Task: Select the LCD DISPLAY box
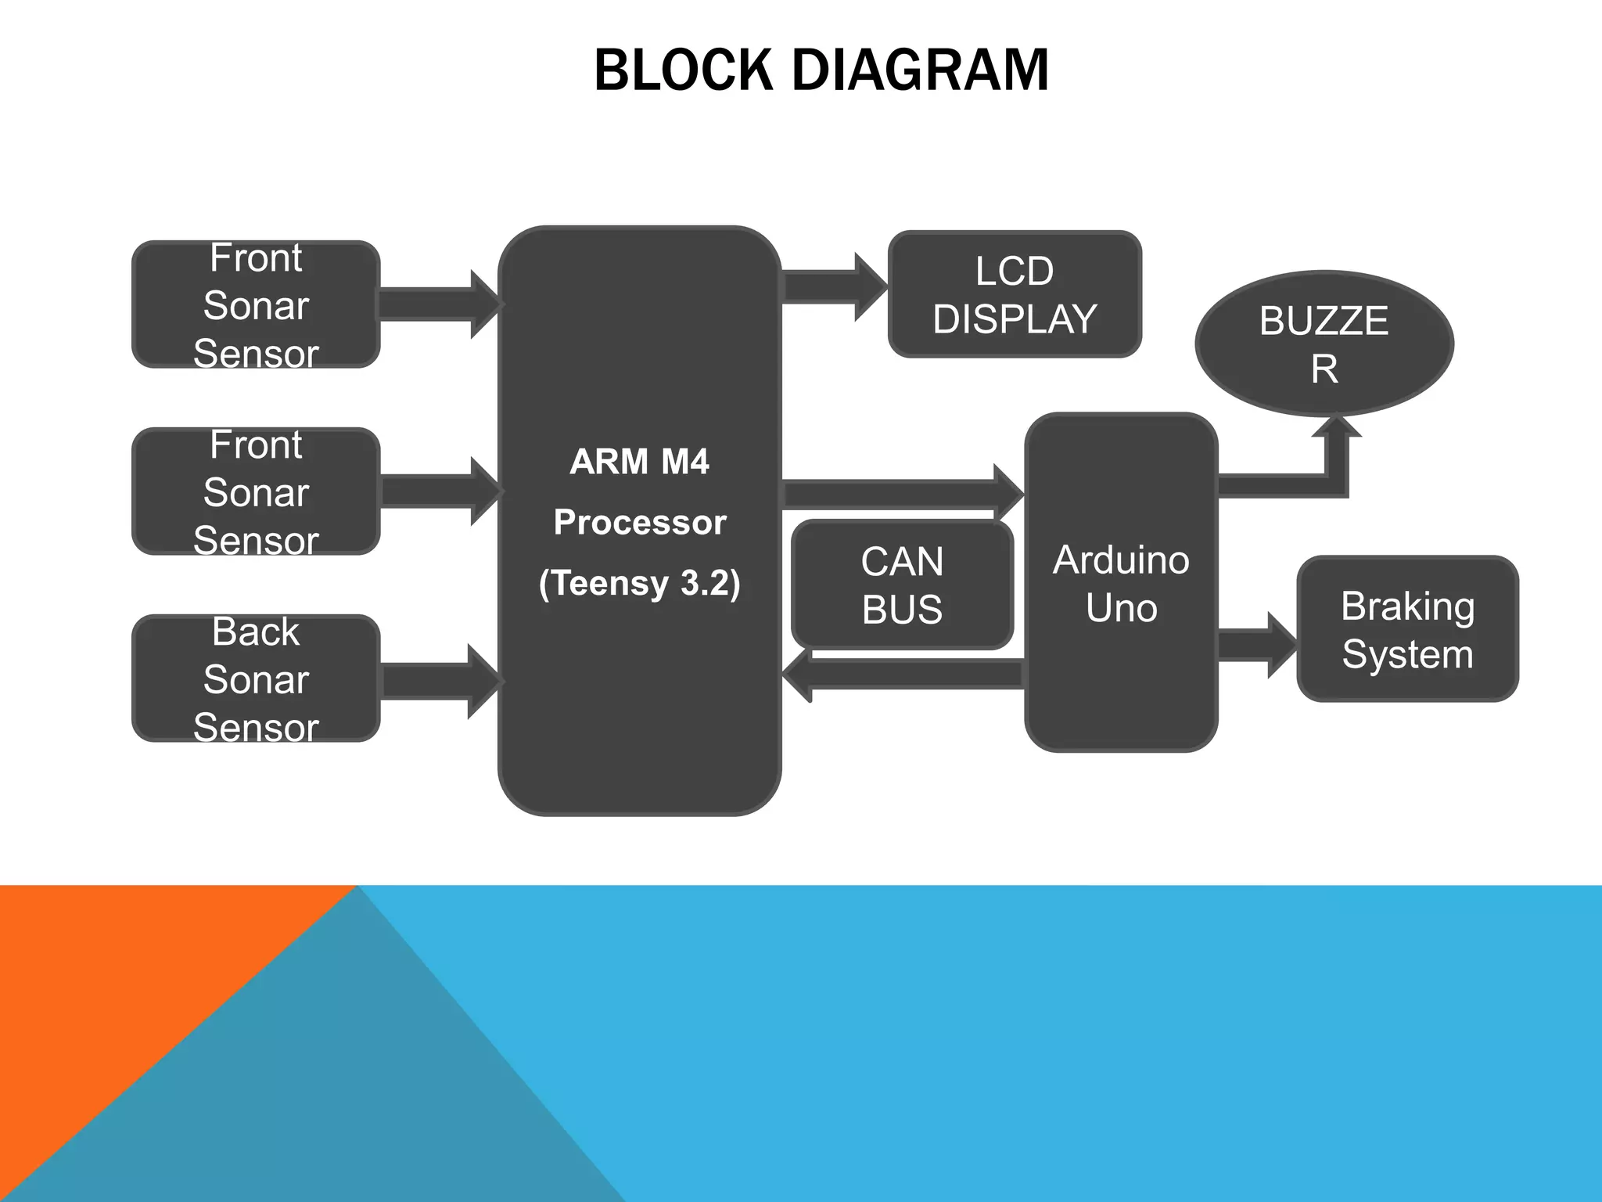[1015, 294]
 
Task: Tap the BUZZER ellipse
[1324, 344]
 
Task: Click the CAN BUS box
[902, 585]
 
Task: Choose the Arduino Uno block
[1120, 583]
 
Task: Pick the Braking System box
[1407, 629]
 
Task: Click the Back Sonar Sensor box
[256, 678]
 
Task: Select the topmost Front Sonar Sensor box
[256, 304]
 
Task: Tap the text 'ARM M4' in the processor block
[639, 462]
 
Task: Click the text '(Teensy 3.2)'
[639, 583]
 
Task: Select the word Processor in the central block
[639, 522]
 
